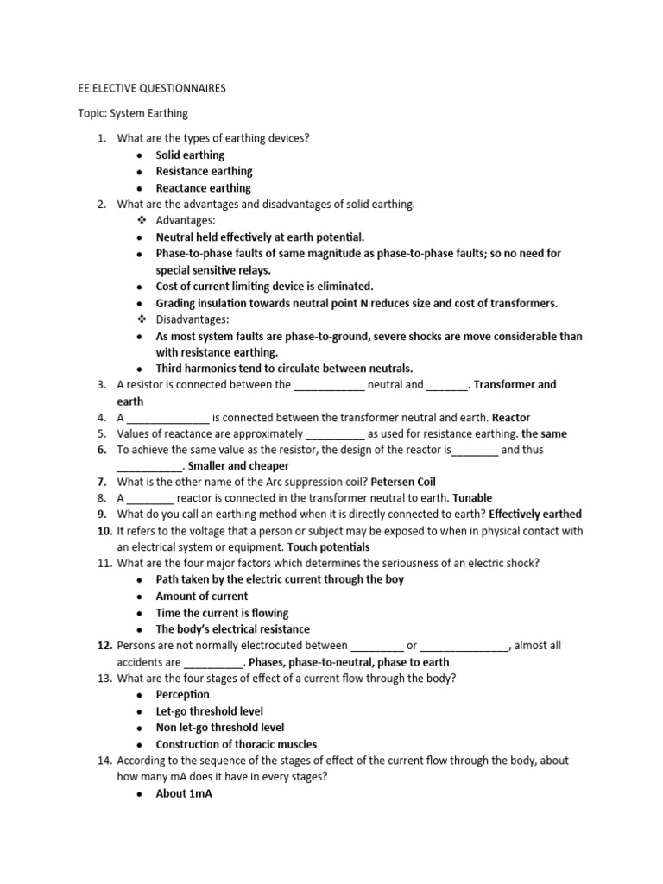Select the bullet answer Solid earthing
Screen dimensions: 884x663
coord(190,155)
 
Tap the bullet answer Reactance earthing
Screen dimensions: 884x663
coord(203,188)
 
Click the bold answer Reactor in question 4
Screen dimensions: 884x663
coord(511,418)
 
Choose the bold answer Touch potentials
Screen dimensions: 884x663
coord(328,548)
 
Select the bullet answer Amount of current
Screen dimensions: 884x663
coord(201,597)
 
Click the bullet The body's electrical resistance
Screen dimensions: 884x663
coord(232,629)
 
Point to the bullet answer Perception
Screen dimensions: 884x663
coord(182,695)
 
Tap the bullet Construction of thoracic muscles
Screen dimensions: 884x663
coord(236,744)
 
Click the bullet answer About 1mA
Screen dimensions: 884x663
coord(184,794)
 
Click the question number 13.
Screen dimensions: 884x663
coord(103,679)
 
